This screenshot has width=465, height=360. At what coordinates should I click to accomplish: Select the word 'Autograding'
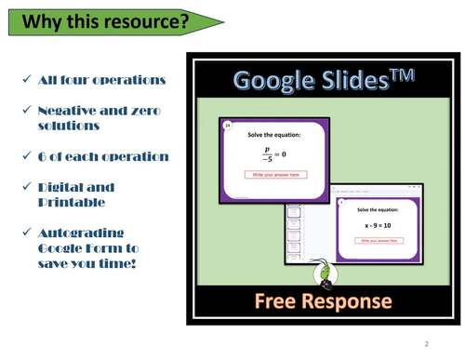coord(81,233)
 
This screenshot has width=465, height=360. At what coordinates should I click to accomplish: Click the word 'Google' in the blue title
coord(276,81)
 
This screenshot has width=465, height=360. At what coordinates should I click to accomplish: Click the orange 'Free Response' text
coord(324,301)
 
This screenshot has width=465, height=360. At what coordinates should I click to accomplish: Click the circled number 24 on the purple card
coord(227,123)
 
